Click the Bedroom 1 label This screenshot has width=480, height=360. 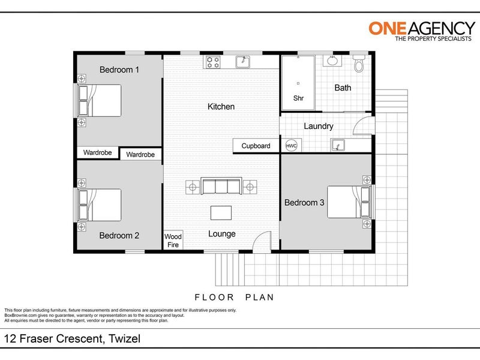(119, 70)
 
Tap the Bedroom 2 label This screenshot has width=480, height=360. (119, 235)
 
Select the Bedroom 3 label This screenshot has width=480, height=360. (304, 203)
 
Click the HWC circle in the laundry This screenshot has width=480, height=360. (291, 146)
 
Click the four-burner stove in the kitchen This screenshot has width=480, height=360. (213, 62)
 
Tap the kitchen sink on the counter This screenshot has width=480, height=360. (243, 62)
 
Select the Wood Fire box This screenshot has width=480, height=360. (173, 241)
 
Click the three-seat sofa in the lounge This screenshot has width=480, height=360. (221, 186)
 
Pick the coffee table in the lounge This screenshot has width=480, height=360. (221, 213)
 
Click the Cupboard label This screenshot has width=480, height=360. (256, 146)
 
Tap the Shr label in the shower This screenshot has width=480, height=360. (298, 98)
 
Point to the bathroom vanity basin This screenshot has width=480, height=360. (332, 61)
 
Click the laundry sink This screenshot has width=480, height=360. (338, 145)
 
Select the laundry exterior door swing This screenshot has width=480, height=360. (363, 126)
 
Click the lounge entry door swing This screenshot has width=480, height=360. (262, 241)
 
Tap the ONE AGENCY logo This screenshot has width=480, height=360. (422, 31)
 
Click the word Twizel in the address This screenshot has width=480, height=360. (125, 338)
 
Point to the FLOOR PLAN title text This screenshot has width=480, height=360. (234, 297)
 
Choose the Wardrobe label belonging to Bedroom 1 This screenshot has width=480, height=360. (97, 152)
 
